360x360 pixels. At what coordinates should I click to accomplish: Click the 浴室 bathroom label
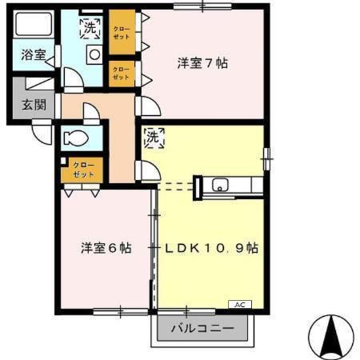point(33,55)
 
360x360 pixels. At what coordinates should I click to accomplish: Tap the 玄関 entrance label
point(33,104)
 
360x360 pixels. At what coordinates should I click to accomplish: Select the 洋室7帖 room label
point(202,63)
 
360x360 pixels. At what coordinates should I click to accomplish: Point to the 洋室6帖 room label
point(106,248)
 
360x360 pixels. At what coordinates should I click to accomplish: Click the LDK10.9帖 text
point(212,248)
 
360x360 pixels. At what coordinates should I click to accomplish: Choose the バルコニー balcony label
point(203,329)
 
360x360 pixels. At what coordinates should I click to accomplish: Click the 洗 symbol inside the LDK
point(153,138)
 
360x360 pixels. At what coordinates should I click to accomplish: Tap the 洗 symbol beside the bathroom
point(90,28)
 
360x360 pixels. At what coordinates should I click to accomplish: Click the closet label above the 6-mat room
point(82,170)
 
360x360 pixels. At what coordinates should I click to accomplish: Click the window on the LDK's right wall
point(266,157)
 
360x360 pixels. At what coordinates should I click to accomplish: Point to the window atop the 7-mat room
point(202,7)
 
